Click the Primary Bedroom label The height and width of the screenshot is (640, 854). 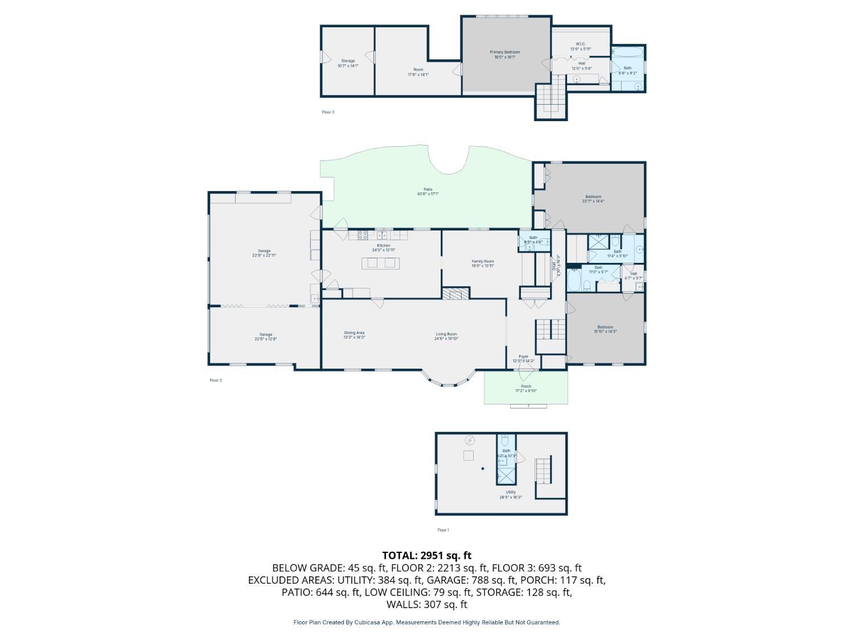click(505, 55)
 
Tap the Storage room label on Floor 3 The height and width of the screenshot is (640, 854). click(348, 63)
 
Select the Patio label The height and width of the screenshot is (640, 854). click(428, 192)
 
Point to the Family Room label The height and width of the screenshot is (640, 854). click(482, 263)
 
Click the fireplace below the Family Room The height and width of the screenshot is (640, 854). click(455, 294)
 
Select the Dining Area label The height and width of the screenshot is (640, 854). click(354, 335)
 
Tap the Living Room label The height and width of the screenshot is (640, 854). click(446, 336)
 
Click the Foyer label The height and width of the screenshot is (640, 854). click(523, 358)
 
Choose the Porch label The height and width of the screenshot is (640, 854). click(525, 389)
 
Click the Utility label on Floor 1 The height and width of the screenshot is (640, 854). click(511, 494)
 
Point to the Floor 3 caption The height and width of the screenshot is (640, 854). click(328, 112)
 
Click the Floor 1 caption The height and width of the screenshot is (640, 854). click(443, 530)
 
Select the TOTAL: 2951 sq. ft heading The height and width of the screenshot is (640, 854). click(426, 555)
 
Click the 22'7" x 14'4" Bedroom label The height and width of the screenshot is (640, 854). click(593, 199)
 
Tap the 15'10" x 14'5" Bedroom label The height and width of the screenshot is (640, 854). click(605, 329)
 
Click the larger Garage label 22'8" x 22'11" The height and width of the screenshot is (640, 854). click(264, 253)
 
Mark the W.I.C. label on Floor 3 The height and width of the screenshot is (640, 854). click(580, 46)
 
